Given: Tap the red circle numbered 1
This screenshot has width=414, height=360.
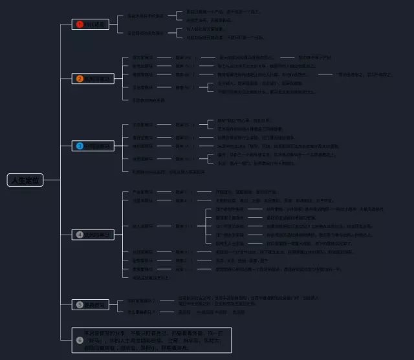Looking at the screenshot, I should coord(80,25).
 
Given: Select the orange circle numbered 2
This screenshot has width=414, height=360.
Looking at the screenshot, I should coord(80,79).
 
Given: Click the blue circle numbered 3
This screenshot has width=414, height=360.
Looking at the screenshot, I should coord(80,146).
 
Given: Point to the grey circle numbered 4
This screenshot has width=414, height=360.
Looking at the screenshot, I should coord(80,235).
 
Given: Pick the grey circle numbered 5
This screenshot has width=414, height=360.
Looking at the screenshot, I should coord(80,304).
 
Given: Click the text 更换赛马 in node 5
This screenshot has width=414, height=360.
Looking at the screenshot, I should coord(98,304).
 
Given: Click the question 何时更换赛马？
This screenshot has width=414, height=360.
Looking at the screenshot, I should coord(140,300).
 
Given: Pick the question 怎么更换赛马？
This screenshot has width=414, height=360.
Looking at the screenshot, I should coord(140,312).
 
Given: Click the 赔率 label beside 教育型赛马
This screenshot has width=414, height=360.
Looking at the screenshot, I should coord(184,58).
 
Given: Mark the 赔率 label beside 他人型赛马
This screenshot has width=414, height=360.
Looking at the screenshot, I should coord(184,226).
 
